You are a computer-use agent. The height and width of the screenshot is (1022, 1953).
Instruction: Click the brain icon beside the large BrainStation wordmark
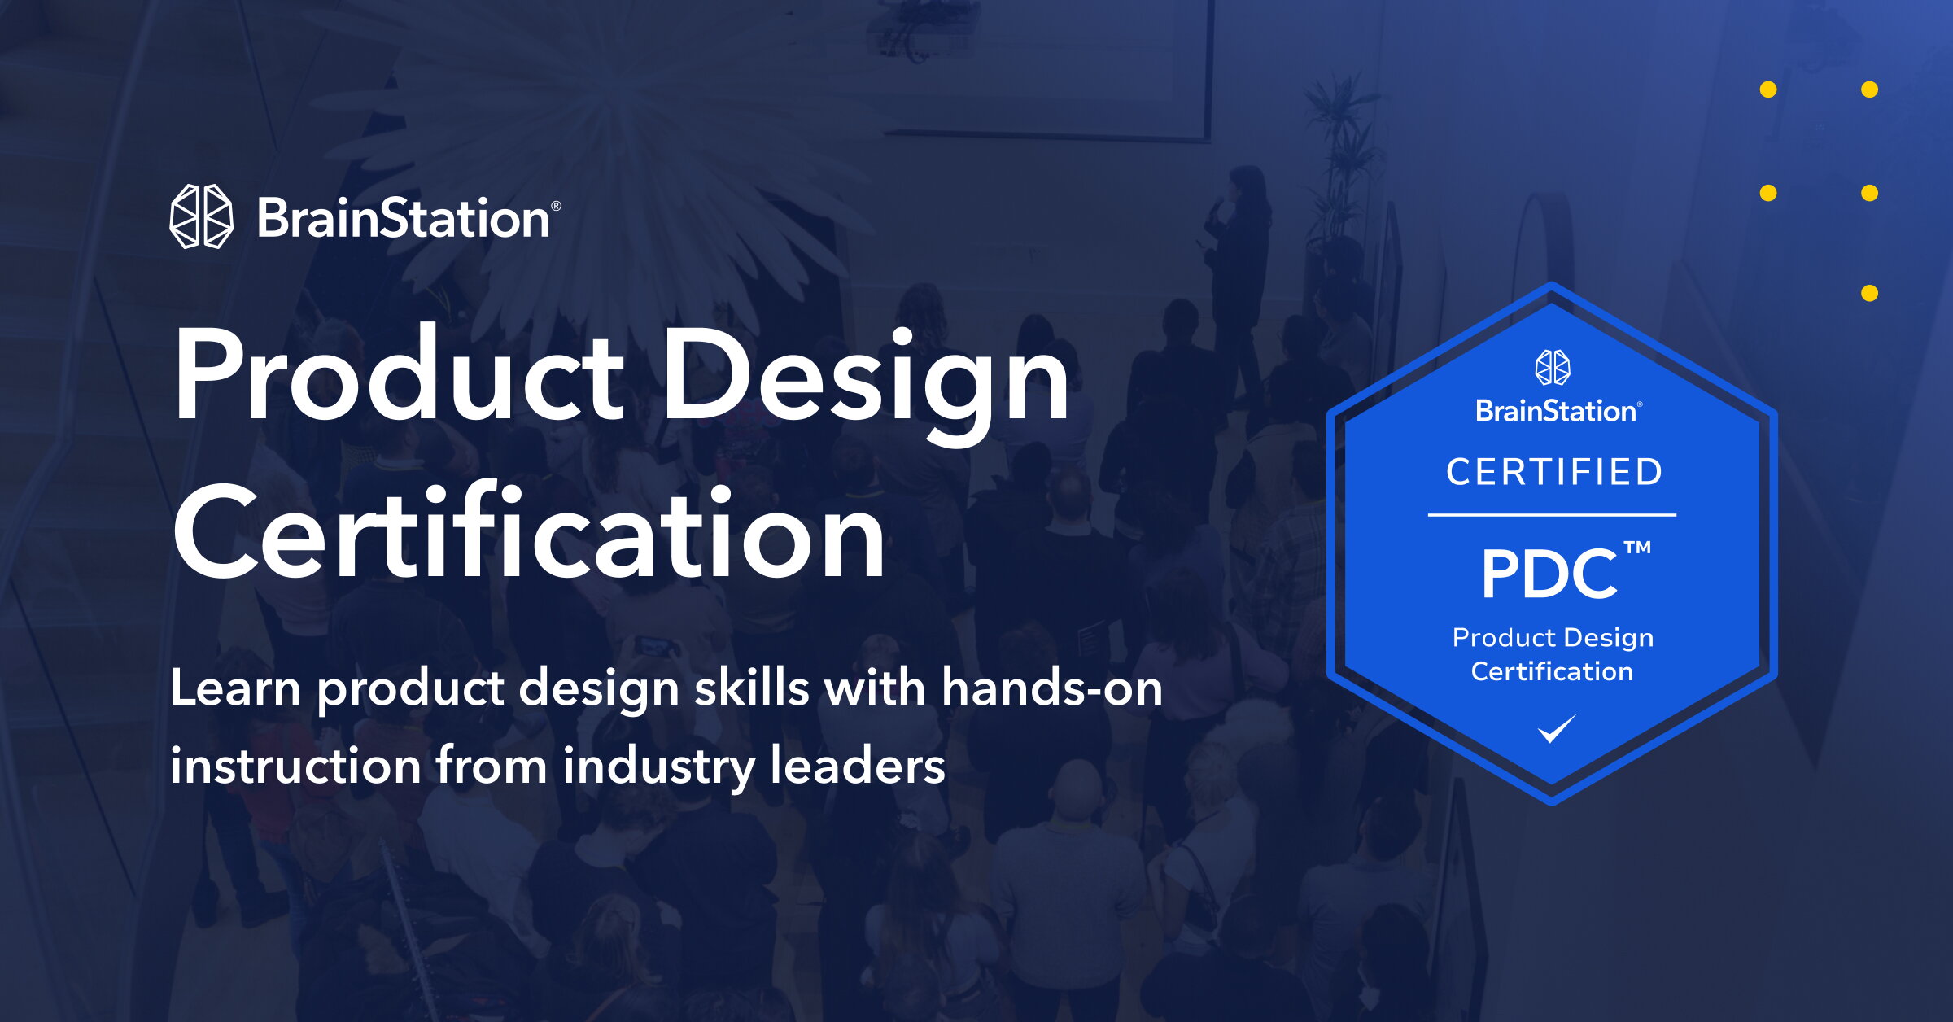201,216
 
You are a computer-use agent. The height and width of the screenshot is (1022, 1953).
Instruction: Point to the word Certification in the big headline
529,531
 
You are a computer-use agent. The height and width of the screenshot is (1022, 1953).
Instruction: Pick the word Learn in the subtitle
236,688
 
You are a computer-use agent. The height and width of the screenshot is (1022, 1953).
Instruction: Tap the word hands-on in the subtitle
1051,688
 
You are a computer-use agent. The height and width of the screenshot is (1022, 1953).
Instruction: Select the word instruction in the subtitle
295,766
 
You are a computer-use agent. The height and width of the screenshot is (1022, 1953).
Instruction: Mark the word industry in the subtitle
658,767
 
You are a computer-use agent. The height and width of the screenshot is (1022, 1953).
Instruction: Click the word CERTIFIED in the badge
1553,472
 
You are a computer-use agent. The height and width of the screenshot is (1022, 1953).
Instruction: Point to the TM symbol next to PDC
1638,547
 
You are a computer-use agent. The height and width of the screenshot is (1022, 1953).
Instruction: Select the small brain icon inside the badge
1553,367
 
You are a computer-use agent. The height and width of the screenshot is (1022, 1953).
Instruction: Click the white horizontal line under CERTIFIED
1552,515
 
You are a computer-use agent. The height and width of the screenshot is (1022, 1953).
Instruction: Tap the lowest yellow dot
1869,293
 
